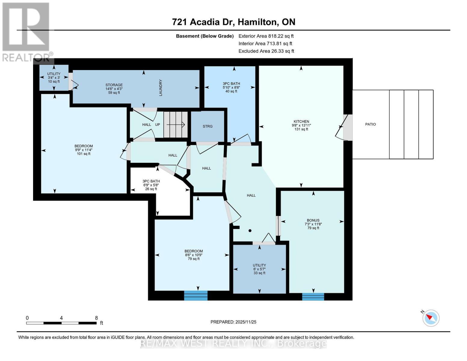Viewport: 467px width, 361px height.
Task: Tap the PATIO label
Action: click(x=370, y=124)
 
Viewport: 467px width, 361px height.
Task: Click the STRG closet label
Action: click(x=207, y=126)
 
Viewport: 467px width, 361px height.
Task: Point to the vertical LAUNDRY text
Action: click(x=161, y=88)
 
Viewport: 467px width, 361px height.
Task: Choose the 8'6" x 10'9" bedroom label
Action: click(x=194, y=255)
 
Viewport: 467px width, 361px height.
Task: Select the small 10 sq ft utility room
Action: click(x=54, y=78)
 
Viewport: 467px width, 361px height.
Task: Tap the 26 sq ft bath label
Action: click(x=151, y=185)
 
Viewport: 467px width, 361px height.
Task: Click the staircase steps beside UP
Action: click(x=175, y=125)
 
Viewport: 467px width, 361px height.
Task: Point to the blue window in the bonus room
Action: click(x=313, y=296)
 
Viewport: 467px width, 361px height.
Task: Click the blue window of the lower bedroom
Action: click(x=196, y=295)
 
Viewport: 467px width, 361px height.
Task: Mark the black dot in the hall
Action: click(x=250, y=231)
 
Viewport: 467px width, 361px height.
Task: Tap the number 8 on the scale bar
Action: click(x=96, y=318)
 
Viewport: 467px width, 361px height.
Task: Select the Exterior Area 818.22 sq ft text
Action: click(x=266, y=36)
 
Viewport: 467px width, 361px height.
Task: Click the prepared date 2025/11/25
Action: click(x=233, y=322)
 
